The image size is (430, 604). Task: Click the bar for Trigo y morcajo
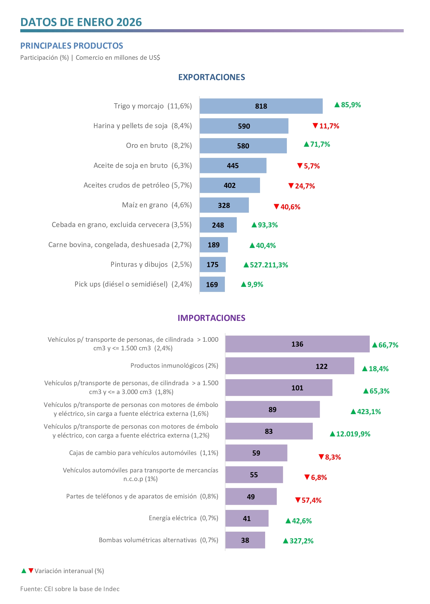pyautogui.click(x=261, y=106)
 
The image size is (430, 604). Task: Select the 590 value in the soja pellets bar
pyautogui.click(x=244, y=126)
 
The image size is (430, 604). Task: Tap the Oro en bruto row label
pyautogui.click(x=159, y=146)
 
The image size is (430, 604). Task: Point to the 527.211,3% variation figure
pyautogui.click(x=266, y=265)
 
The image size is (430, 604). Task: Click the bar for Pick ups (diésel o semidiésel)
pyautogui.click(x=212, y=284)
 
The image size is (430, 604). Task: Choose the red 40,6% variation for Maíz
pyautogui.click(x=287, y=207)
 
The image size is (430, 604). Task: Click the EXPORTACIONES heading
pyautogui.click(x=211, y=77)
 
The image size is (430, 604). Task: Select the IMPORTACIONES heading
pyautogui.click(x=211, y=318)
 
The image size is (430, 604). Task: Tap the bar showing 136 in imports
pyautogui.click(x=297, y=344)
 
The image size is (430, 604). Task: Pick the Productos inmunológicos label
pyautogui.click(x=174, y=365)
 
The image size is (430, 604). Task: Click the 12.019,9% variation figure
pyautogui.click(x=350, y=434)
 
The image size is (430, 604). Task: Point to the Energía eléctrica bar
pyautogui.click(x=247, y=518)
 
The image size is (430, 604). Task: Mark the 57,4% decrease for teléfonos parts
pyautogui.click(x=309, y=500)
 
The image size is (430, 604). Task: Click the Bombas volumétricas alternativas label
pyautogui.click(x=158, y=540)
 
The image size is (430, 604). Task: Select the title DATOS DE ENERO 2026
pyautogui.click(x=81, y=22)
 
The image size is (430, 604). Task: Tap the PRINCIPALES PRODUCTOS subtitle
pyautogui.click(x=71, y=46)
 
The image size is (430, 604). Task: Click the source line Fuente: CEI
pyautogui.click(x=70, y=589)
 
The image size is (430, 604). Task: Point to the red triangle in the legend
pyautogui.click(x=31, y=571)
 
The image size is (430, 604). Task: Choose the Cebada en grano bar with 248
pyautogui.click(x=218, y=225)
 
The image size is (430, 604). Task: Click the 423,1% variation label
pyautogui.click(x=366, y=412)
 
